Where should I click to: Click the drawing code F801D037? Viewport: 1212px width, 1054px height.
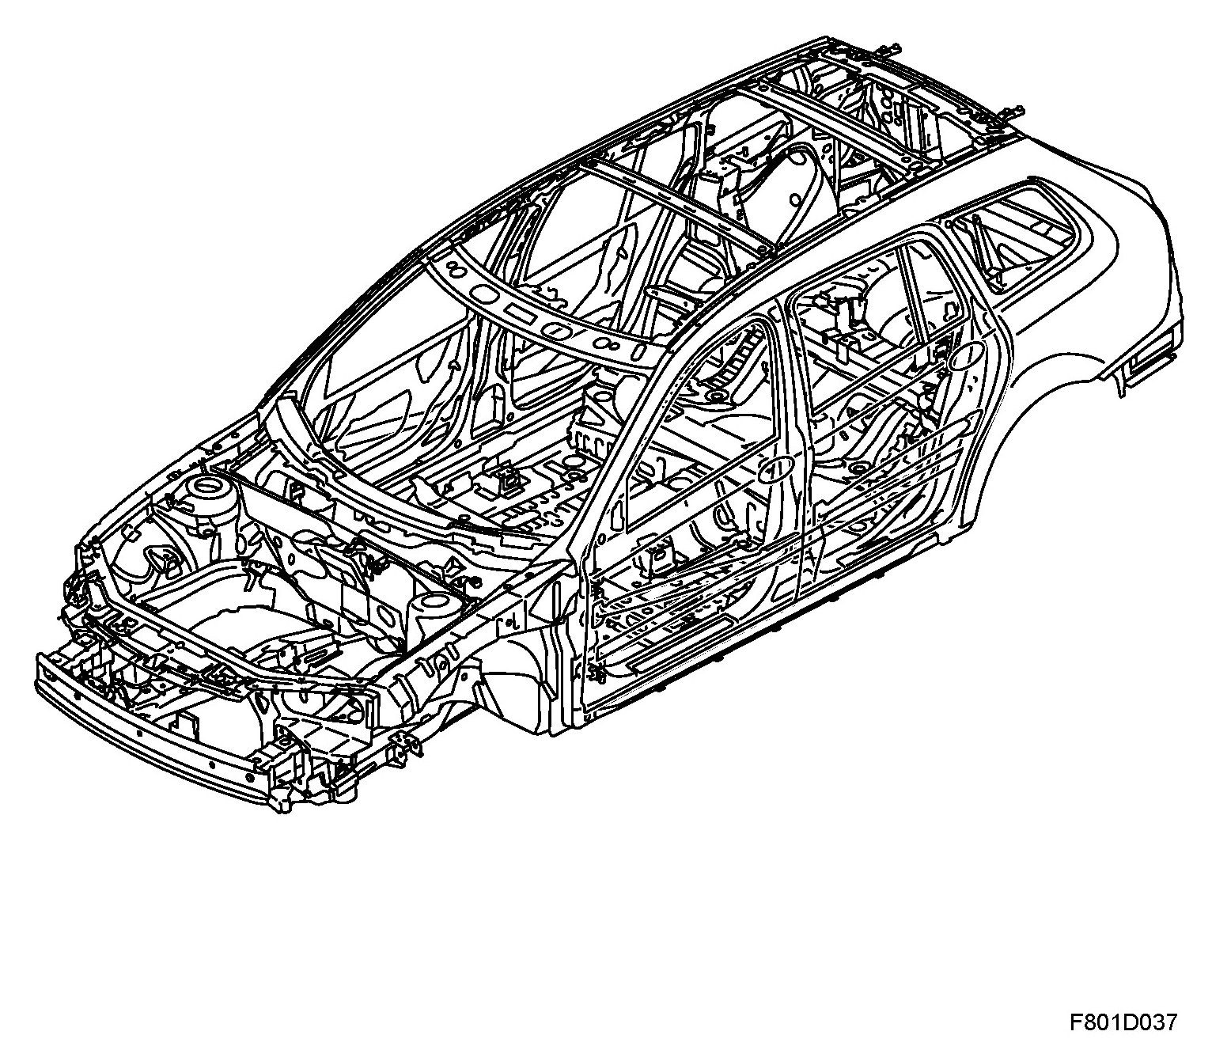pos(1123,1022)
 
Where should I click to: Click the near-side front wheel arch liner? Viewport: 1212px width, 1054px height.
pos(514,673)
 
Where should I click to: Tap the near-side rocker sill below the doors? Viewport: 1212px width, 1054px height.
pos(759,633)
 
